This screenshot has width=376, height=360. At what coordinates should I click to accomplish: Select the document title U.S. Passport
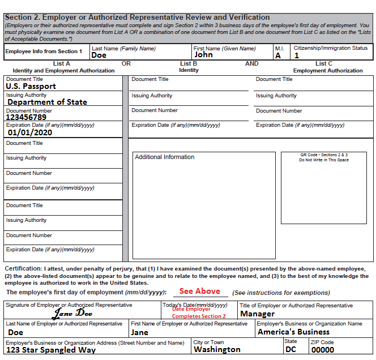click(x=31, y=87)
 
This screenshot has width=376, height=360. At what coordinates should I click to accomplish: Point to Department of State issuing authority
click(x=47, y=102)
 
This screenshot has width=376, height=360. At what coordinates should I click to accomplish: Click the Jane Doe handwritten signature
click(x=73, y=313)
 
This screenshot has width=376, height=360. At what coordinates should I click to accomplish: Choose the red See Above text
click(x=200, y=291)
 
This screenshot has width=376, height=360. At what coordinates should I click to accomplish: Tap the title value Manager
click(x=257, y=314)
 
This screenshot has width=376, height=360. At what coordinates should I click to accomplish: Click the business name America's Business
click(x=293, y=332)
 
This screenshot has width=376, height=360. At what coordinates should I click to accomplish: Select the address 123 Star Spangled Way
click(x=51, y=350)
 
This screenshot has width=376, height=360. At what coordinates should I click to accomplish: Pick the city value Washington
click(x=217, y=350)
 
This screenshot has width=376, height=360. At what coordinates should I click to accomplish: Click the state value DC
click(x=290, y=350)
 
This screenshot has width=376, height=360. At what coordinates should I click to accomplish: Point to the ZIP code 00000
click(x=322, y=350)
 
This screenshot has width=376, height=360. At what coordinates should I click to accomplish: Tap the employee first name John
click(x=203, y=55)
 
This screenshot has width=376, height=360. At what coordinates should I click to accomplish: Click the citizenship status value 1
click(x=296, y=55)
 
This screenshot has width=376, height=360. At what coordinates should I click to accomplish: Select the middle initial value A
click(x=277, y=55)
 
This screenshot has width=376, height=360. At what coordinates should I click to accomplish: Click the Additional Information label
click(x=164, y=157)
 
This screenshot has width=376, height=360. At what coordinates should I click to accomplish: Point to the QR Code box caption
click(x=324, y=157)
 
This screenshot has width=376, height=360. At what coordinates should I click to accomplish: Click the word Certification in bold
click(x=23, y=268)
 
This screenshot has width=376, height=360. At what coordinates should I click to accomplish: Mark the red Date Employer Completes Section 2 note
click(x=199, y=312)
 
